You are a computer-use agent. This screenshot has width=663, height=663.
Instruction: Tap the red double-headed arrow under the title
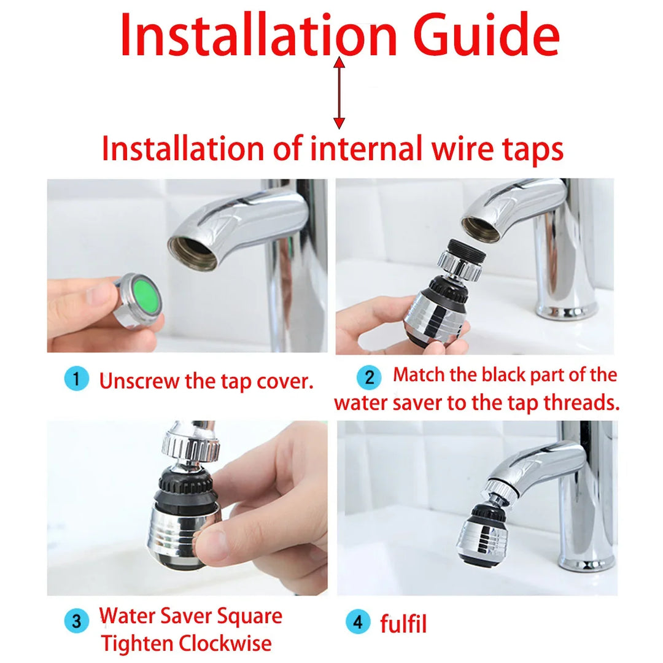pyautogui.click(x=339, y=93)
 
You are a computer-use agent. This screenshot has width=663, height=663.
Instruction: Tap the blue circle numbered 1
pyautogui.click(x=77, y=378)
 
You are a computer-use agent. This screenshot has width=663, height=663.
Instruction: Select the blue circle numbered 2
pyautogui.click(x=369, y=377)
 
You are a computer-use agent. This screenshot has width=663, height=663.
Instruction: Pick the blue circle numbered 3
pyautogui.click(x=77, y=621)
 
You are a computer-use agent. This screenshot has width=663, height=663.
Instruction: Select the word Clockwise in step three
pyautogui.click(x=225, y=643)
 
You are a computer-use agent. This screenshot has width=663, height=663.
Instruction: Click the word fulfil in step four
pyautogui.click(x=403, y=624)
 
